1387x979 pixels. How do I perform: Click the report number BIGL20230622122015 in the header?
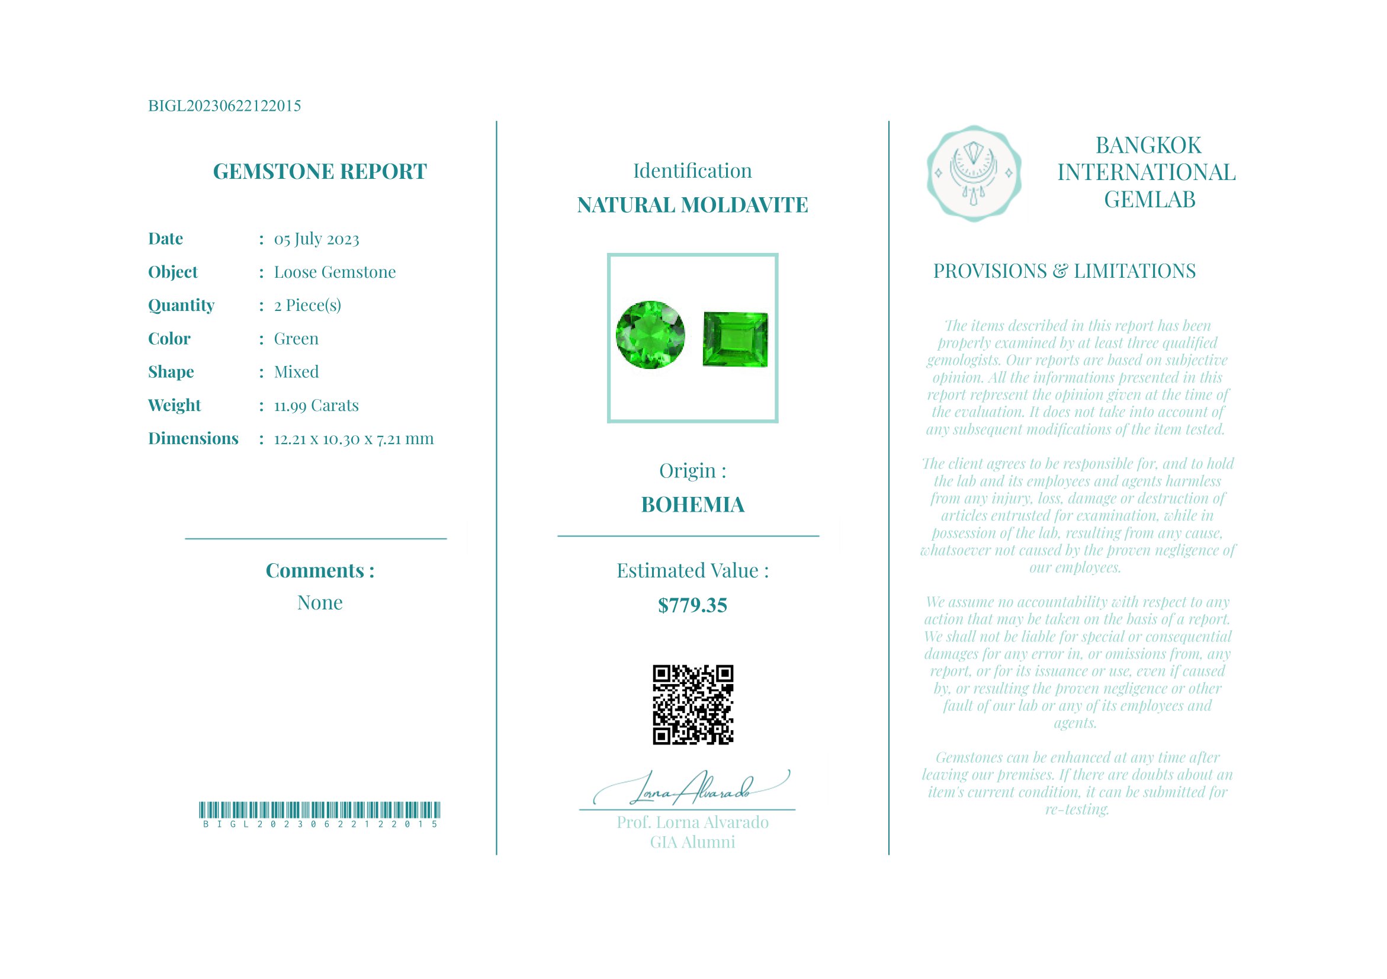coord(224,106)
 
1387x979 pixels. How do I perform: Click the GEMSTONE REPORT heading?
coord(320,172)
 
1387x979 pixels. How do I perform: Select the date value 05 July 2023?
coord(316,239)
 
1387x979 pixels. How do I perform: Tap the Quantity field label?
coord(181,306)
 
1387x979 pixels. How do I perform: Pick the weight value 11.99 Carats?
coord(316,405)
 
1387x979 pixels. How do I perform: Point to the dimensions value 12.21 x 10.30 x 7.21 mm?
coord(354,439)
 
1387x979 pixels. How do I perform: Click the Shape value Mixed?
coord(296,372)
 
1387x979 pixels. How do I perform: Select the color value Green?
coord(296,339)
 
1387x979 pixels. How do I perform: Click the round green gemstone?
coord(650,335)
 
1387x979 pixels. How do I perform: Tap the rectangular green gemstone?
coord(735,339)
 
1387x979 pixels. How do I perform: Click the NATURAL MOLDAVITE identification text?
coord(692,206)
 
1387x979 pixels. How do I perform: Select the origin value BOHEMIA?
coord(692,505)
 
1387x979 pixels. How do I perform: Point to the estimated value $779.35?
coord(692,605)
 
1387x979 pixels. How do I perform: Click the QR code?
coord(692,705)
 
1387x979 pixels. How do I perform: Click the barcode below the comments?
coord(320,810)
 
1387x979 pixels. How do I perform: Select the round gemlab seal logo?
coord(974,174)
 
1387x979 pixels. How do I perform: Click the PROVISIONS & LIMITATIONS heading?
coord(1064,271)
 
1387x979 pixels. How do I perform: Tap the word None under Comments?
coord(320,603)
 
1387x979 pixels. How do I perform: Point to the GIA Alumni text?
coord(692,843)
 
